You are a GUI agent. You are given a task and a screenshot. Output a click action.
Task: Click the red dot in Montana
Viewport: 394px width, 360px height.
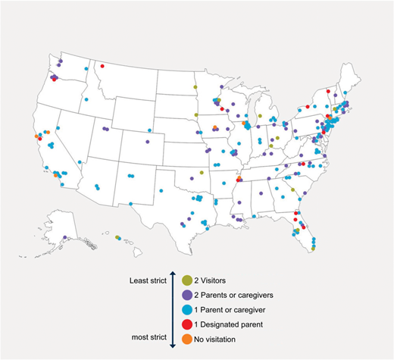tap(102, 66)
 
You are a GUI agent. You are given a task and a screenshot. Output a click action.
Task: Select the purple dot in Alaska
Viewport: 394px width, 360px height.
tap(65, 237)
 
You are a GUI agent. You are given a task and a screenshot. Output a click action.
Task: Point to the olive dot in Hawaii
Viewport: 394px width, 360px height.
tap(117, 237)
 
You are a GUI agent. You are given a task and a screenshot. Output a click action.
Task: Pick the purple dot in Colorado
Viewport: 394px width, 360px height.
tap(148, 141)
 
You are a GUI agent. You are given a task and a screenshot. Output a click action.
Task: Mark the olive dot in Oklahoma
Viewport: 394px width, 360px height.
tap(202, 173)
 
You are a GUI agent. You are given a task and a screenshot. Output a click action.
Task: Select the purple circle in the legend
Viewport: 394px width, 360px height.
tap(187, 294)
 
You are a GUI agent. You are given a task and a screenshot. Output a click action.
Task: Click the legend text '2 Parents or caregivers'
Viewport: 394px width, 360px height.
tap(234, 294)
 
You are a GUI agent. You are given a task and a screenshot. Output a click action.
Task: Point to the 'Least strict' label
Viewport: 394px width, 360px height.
tap(149, 280)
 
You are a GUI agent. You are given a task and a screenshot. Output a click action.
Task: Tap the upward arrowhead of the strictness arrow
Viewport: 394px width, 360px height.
tap(173, 274)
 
